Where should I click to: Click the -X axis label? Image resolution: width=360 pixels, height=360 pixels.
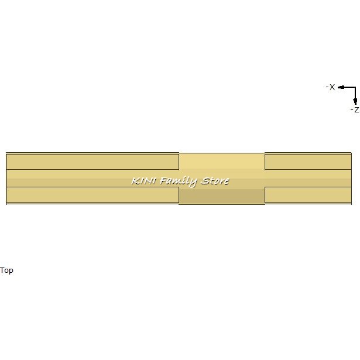point(330,87)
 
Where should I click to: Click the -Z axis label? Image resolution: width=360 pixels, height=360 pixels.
point(354,109)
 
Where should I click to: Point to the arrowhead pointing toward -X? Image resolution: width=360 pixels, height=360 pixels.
point(341,87)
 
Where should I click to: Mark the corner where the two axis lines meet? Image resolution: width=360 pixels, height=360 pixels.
point(355,87)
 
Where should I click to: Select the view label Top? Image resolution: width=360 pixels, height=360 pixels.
point(6,270)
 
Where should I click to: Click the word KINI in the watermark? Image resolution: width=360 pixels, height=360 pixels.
point(144,181)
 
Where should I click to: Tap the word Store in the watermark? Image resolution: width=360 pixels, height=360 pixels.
point(215,181)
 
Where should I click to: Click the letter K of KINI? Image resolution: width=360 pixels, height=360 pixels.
point(135,181)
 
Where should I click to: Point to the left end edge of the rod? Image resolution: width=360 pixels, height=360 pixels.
point(6,179)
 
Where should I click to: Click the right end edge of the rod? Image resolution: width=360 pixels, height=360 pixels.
point(351,179)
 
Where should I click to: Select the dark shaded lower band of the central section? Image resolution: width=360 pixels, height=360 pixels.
point(221,197)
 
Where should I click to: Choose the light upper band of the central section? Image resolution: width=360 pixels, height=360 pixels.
point(221,160)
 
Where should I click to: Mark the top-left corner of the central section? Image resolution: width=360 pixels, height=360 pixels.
point(179,153)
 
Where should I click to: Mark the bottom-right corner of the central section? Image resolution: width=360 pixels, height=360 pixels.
point(265,204)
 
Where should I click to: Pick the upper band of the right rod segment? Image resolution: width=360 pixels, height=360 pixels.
point(308,161)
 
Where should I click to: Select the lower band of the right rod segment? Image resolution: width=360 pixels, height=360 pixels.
point(308,194)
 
